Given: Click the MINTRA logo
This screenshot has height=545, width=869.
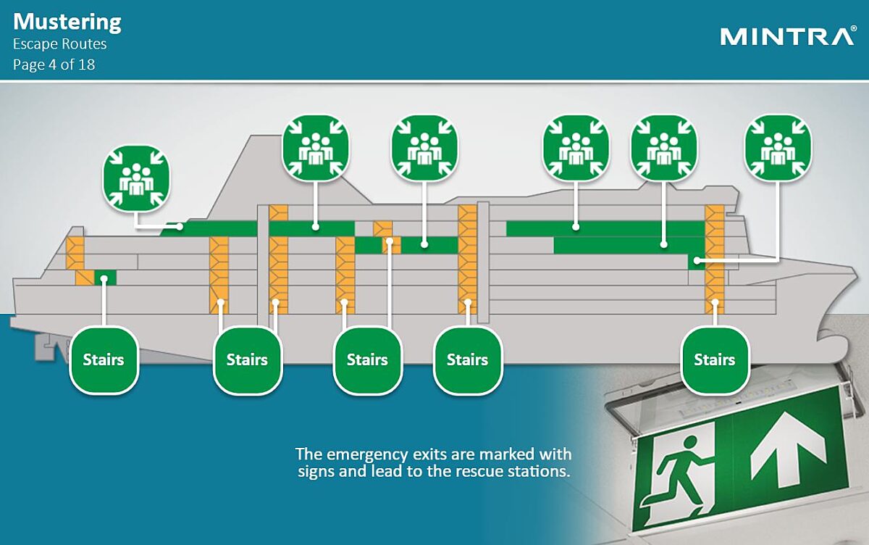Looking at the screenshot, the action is (788, 36).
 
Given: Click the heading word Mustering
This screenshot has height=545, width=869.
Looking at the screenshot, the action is (67, 22).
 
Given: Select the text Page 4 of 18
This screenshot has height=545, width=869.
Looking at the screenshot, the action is (54, 65).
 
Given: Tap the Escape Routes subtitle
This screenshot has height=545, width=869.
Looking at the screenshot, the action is (59, 44).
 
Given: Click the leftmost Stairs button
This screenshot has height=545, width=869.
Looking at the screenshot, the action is (104, 360).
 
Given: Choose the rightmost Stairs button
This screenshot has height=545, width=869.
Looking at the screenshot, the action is (715, 360).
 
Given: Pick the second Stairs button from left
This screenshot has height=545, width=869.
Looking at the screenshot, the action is (248, 360).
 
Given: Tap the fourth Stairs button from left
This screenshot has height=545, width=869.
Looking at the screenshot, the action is (468, 360).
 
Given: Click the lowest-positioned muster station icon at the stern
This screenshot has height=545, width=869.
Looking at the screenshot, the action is (136, 179).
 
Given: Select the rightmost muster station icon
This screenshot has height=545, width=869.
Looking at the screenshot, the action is (778, 148).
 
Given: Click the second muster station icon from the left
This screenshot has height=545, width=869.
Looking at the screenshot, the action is (316, 148).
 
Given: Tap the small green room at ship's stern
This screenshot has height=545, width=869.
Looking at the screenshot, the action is (105, 278).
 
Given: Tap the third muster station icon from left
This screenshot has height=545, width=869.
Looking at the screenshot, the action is (425, 148).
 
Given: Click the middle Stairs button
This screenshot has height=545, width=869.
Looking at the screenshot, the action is (368, 360).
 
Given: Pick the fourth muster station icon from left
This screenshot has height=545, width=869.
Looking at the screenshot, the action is (576, 148).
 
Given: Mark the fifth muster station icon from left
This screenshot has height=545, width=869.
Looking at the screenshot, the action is (664, 148).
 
